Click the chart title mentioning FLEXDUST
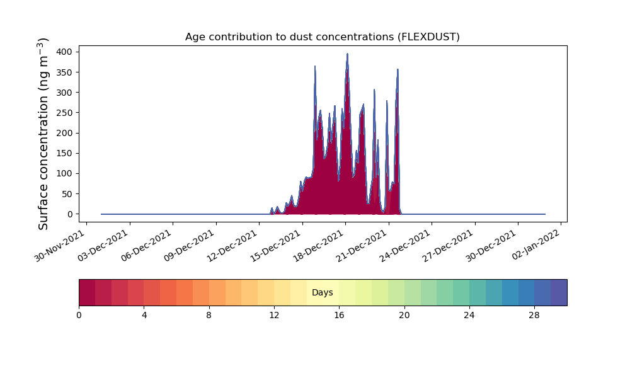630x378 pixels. click(x=322, y=37)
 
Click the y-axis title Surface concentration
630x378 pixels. click(x=43, y=134)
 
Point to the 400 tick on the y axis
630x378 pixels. click(x=64, y=52)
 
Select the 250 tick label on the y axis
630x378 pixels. click(x=64, y=113)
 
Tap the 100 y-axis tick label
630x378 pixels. click(x=64, y=173)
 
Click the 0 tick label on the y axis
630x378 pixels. click(x=71, y=214)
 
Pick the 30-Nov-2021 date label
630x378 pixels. click(x=59, y=246)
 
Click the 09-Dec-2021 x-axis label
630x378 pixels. click(x=189, y=246)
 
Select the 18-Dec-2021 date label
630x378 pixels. click(x=318, y=246)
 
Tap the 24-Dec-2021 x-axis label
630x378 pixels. click(x=404, y=246)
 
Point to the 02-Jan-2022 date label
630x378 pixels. click(x=535, y=245)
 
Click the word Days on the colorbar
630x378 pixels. click(x=322, y=292)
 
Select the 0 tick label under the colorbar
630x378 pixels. click(x=79, y=316)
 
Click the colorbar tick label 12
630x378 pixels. click(x=274, y=316)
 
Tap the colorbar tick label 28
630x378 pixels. click(x=534, y=316)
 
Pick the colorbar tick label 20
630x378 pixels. click(x=404, y=316)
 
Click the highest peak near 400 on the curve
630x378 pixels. click(x=348, y=54)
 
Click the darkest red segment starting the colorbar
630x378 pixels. click(x=87, y=292)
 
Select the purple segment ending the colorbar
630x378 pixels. click(x=559, y=292)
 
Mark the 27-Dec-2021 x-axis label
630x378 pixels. click(x=448, y=246)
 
